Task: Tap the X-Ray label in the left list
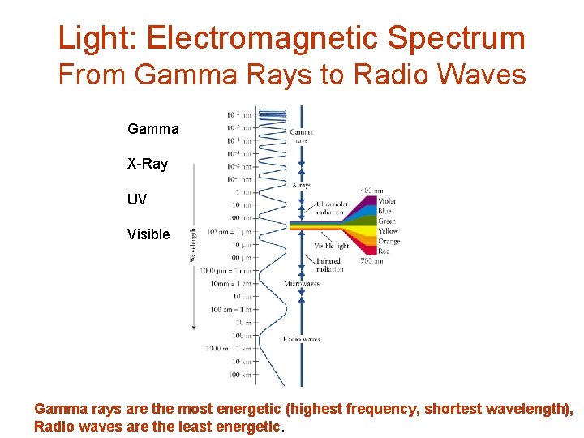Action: coord(148,164)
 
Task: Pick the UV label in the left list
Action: coord(137,199)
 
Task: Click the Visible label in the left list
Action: coord(148,234)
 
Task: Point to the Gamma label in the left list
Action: coord(153,129)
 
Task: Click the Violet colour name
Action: coord(388,201)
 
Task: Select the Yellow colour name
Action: coord(389,231)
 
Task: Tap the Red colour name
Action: coord(384,251)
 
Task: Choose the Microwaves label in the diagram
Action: coord(301,284)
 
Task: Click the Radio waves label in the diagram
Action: coord(301,339)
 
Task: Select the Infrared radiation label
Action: coord(328,265)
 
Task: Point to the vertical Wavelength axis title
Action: coord(192,243)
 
